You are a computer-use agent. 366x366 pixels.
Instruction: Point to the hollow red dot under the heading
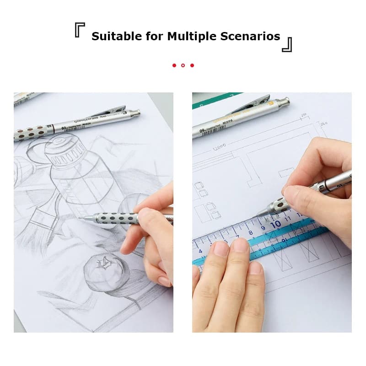[183, 65]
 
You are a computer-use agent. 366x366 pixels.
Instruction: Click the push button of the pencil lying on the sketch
[136, 112]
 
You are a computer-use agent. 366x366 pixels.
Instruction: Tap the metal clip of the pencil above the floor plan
[249, 108]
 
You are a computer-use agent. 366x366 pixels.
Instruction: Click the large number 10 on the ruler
[275, 224]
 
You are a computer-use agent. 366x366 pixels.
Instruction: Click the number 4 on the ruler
[200, 250]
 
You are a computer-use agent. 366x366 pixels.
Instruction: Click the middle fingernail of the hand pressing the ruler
[241, 246]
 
